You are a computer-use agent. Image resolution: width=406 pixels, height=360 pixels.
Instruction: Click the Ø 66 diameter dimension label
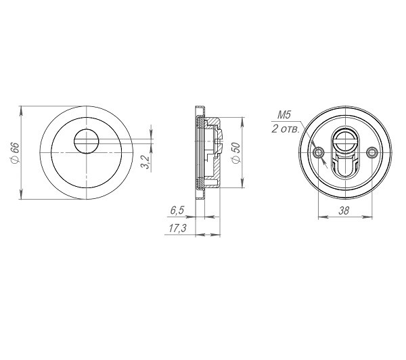[15, 153]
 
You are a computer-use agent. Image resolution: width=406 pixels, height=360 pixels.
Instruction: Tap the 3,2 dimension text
[146, 162]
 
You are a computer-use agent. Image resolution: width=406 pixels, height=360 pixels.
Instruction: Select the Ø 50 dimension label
[236, 153]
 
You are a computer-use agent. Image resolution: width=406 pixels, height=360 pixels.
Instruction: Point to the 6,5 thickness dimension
[177, 210]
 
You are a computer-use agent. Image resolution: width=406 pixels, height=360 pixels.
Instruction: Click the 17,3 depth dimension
[177, 229]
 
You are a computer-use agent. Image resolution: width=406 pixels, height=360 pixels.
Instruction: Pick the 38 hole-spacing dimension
[344, 210]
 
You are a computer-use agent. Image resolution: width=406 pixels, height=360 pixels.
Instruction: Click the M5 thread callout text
[284, 115]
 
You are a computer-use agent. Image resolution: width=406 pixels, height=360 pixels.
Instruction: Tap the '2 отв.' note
[286, 129]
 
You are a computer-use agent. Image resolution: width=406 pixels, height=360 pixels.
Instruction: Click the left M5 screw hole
[318, 152]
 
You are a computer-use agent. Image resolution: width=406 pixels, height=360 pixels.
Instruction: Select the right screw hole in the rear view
[371, 152]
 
